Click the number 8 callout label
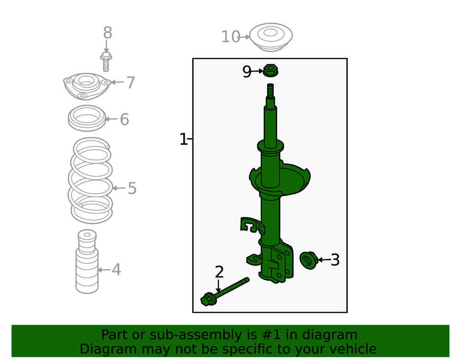[107, 33]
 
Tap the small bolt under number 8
[106, 61]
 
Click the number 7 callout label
[130, 83]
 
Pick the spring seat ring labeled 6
[87, 118]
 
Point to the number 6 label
[124, 120]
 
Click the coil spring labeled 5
[91, 181]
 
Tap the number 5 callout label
[132, 189]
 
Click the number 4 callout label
[116, 270]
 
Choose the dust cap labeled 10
[271, 37]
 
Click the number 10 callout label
[230, 37]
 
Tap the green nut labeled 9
[271, 71]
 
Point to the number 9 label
[247, 72]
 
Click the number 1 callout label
[183, 139]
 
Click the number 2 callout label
[219, 272]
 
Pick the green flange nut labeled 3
[308, 260]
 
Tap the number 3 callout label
[335, 260]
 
